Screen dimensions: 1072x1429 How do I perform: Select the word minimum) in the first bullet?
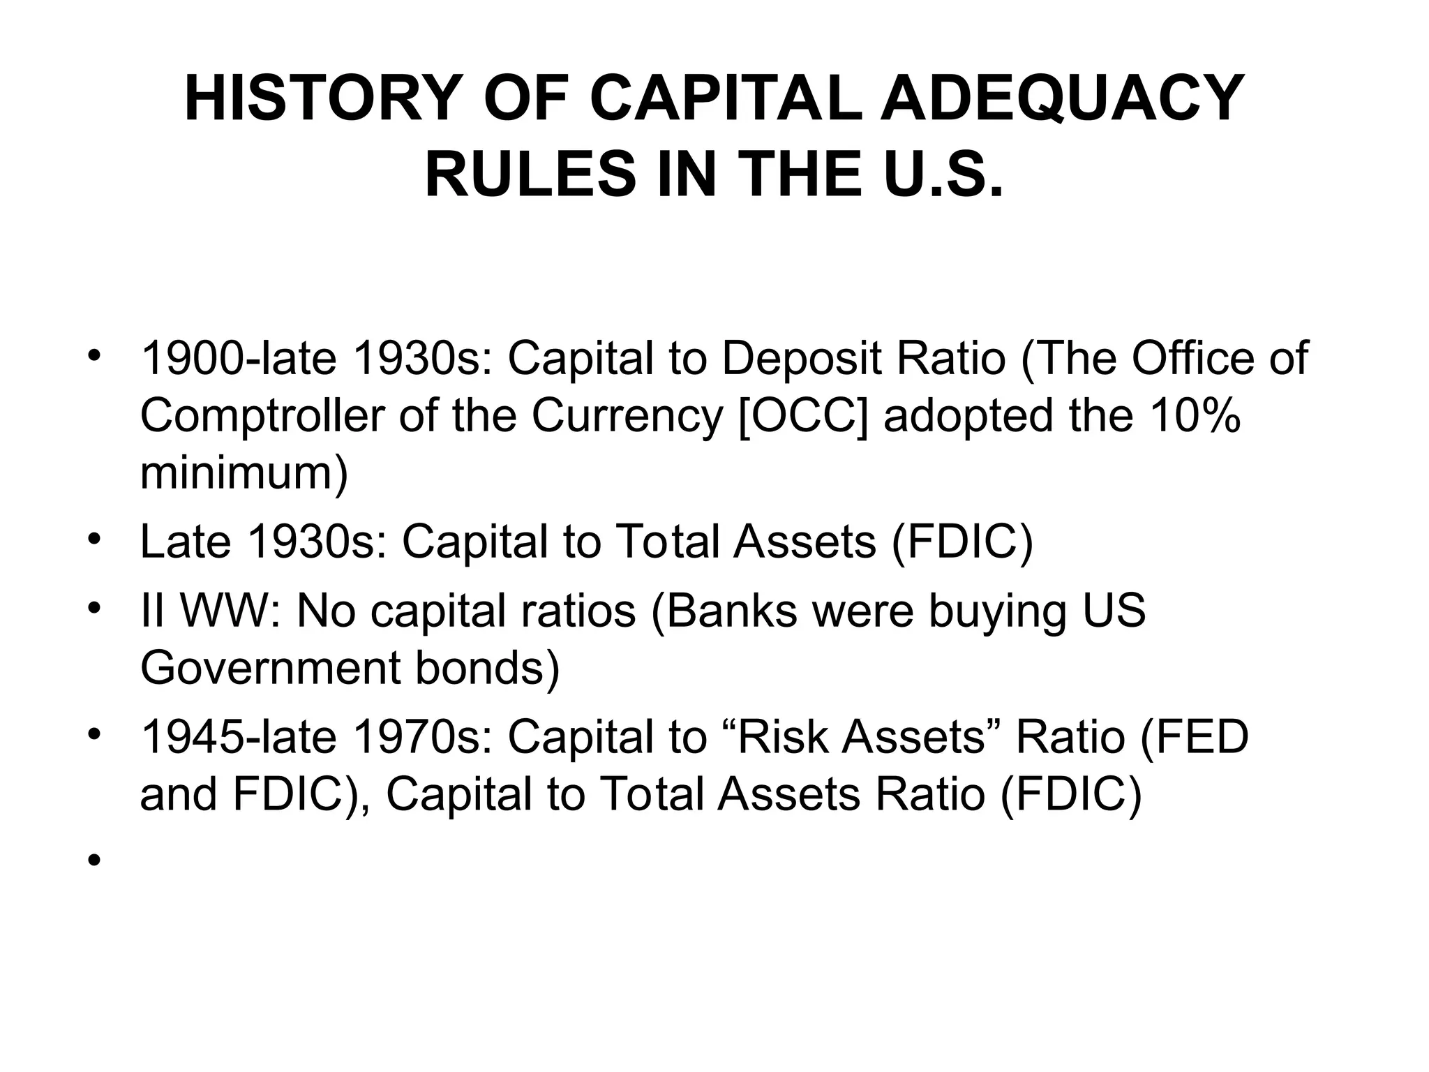244,472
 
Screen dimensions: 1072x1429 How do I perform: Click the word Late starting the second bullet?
185,542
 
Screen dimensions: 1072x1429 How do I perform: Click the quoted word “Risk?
781,737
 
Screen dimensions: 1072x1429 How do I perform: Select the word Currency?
627,416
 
